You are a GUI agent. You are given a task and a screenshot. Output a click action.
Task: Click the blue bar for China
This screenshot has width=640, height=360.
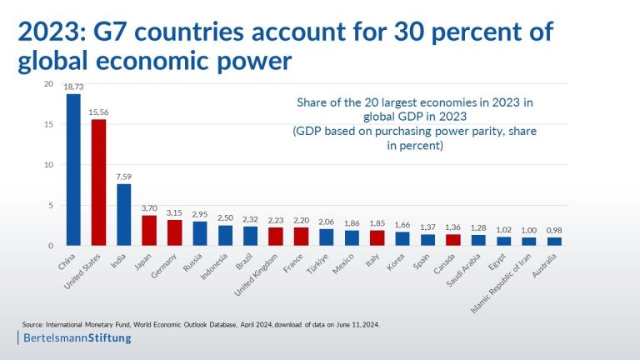click(x=73, y=170)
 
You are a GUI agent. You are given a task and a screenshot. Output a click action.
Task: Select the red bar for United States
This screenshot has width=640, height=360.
click(x=98, y=182)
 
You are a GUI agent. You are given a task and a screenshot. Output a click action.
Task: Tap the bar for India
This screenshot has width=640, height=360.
click(x=123, y=215)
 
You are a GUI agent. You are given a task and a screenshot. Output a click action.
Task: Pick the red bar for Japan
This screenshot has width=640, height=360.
click(x=148, y=231)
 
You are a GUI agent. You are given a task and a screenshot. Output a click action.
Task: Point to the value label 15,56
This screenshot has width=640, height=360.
click(x=98, y=112)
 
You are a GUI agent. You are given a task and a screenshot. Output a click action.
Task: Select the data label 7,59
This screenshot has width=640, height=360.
click(x=123, y=177)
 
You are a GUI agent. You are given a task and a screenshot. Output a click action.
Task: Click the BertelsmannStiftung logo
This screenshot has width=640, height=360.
click(x=76, y=338)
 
